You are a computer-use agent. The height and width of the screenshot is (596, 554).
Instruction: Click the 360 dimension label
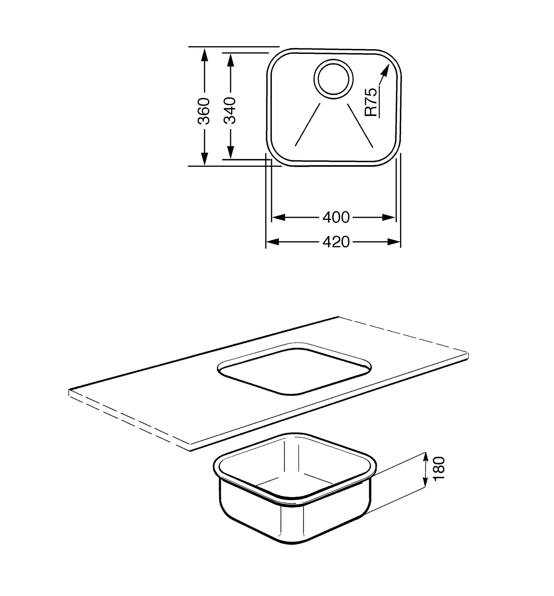point(205,111)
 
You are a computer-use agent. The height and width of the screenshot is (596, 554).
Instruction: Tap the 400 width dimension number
point(336,217)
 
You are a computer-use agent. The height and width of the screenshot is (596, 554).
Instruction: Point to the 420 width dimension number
point(336,242)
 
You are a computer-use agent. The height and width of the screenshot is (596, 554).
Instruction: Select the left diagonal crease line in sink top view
point(308,125)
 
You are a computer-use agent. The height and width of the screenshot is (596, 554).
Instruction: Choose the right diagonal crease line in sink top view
point(360,126)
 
